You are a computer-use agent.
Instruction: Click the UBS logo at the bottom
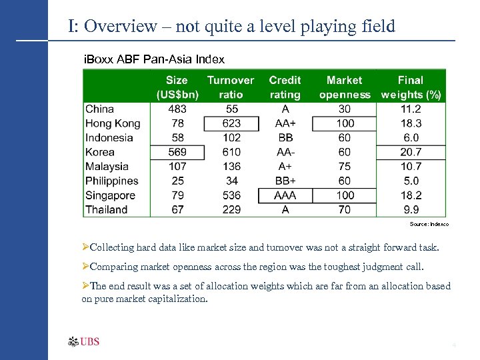coord(84,342)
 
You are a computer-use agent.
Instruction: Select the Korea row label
coord(100,152)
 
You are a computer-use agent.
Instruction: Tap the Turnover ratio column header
coord(231,87)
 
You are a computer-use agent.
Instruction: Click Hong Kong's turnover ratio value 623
coord(231,123)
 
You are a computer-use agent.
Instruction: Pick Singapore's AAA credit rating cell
coord(285,195)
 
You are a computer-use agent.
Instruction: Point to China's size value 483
coord(177,109)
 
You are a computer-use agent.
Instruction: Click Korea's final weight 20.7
coord(410,152)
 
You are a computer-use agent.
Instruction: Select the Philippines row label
coord(112,181)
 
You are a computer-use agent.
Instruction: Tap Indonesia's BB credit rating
coord(285,138)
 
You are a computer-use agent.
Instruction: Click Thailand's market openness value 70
coord(345,210)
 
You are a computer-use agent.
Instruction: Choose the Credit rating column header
coord(285,87)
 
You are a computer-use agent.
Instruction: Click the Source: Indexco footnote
coord(429,225)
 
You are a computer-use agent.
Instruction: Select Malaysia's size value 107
coord(177,167)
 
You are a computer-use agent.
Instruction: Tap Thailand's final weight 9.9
coord(410,210)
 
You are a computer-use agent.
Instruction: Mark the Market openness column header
coord(345,87)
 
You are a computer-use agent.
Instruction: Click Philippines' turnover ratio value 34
coord(231,181)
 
